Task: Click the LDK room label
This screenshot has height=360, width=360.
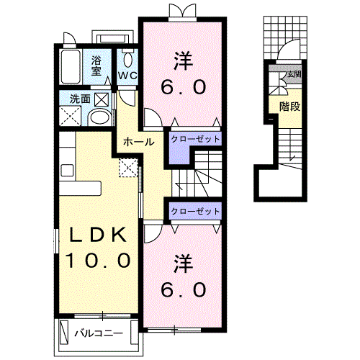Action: [98, 235]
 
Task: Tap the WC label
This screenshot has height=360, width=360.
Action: [127, 76]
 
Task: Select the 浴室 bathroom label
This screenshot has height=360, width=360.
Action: [96, 66]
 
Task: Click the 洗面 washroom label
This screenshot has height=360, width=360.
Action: [80, 99]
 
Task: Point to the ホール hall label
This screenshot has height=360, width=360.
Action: [138, 142]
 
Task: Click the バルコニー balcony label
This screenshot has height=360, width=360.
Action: [99, 333]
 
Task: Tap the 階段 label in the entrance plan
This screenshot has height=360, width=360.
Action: [290, 107]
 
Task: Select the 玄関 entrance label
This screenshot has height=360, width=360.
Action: [294, 74]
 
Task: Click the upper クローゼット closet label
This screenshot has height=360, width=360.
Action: [195, 139]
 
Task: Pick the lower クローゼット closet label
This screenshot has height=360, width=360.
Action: [195, 211]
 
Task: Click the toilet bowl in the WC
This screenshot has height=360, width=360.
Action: [127, 59]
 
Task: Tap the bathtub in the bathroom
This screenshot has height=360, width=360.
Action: [71, 66]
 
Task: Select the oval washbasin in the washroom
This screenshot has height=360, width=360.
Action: [100, 118]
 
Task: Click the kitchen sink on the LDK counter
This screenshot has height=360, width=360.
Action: [67, 171]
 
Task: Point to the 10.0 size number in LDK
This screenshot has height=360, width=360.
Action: [98, 261]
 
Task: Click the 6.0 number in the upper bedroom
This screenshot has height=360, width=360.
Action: [184, 87]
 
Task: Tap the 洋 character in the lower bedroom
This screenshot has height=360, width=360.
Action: [184, 264]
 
